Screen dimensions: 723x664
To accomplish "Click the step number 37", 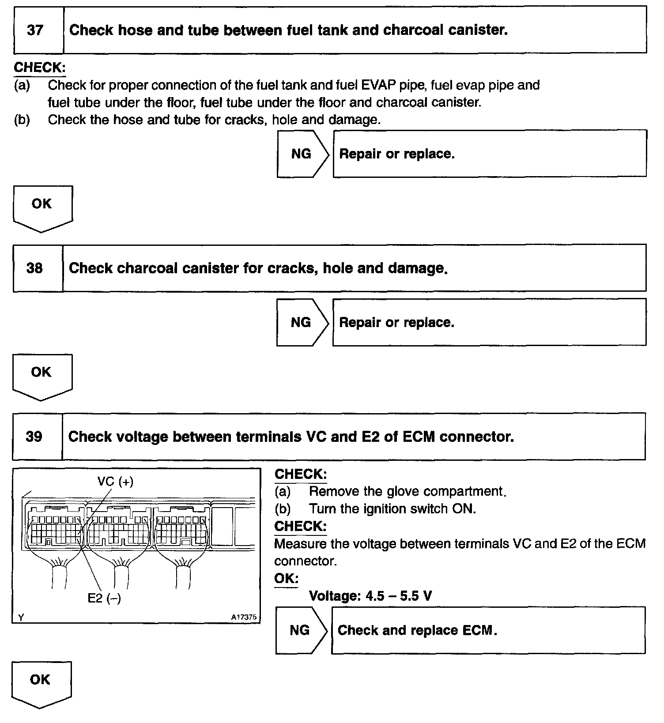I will click(35, 30).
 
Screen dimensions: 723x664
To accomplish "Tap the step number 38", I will click(34, 268).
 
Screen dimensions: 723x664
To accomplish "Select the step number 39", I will click(34, 437).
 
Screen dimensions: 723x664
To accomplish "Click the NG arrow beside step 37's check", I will click(302, 154).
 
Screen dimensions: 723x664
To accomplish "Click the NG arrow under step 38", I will click(302, 322).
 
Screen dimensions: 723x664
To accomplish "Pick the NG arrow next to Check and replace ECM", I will click(301, 630).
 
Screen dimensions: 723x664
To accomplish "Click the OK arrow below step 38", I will click(41, 375).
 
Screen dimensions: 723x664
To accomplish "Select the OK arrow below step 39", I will click(41, 682).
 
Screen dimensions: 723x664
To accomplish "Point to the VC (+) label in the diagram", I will click(115, 481).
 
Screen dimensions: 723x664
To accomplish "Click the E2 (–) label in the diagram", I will click(104, 598).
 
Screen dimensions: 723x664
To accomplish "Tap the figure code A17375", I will click(244, 617).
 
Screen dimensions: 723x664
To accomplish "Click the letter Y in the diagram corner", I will click(21, 618).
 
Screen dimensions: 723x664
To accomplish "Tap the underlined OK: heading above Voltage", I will click(286, 578).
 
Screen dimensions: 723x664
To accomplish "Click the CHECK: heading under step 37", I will click(40, 68).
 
